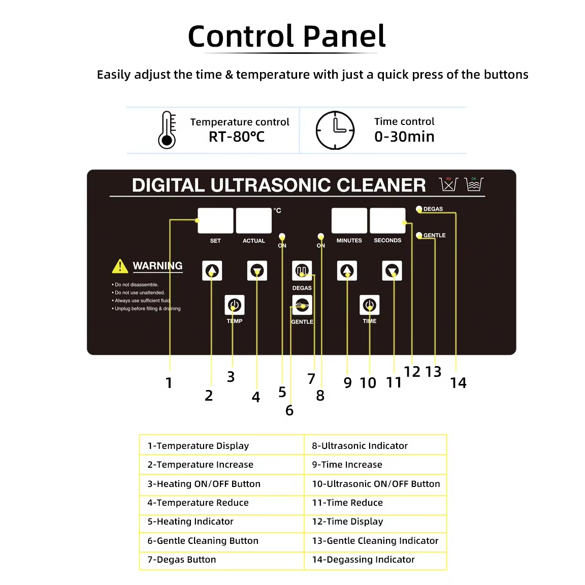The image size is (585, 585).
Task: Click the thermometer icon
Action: pyautogui.click(x=167, y=130)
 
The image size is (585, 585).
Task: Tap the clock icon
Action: pyautogui.click(x=335, y=130)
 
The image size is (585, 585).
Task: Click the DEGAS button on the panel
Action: pyautogui.click(x=302, y=271)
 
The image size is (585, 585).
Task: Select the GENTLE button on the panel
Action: pyautogui.click(x=302, y=305)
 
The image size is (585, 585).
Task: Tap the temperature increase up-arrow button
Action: pyautogui.click(x=212, y=271)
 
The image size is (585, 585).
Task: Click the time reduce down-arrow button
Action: pyautogui.click(x=392, y=271)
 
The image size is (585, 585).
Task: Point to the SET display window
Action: pyautogui.click(x=215, y=221)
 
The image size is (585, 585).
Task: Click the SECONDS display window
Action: pyautogui.click(x=387, y=221)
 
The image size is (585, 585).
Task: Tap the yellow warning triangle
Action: pyautogui.click(x=120, y=266)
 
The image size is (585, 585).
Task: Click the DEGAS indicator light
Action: pyautogui.click(x=419, y=209)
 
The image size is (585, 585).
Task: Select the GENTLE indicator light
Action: pyautogui.click(x=419, y=235)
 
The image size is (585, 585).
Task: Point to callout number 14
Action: pyautogui.click(x=458, y=383)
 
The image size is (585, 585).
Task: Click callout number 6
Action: pyautogui.click(x=289, y=410)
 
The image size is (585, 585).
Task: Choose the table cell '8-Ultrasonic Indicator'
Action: pyautogui.click(x=375, y=445)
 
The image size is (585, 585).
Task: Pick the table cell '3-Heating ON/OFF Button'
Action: pyautogui.click(x=221, y=483)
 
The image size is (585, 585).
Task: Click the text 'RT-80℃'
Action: pyautogui.click(x=237, y=137)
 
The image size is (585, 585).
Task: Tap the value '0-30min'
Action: pyautogui.click(x=404, y=137)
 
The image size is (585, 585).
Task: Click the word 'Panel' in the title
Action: pyautogui.click(x=344, y=37)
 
